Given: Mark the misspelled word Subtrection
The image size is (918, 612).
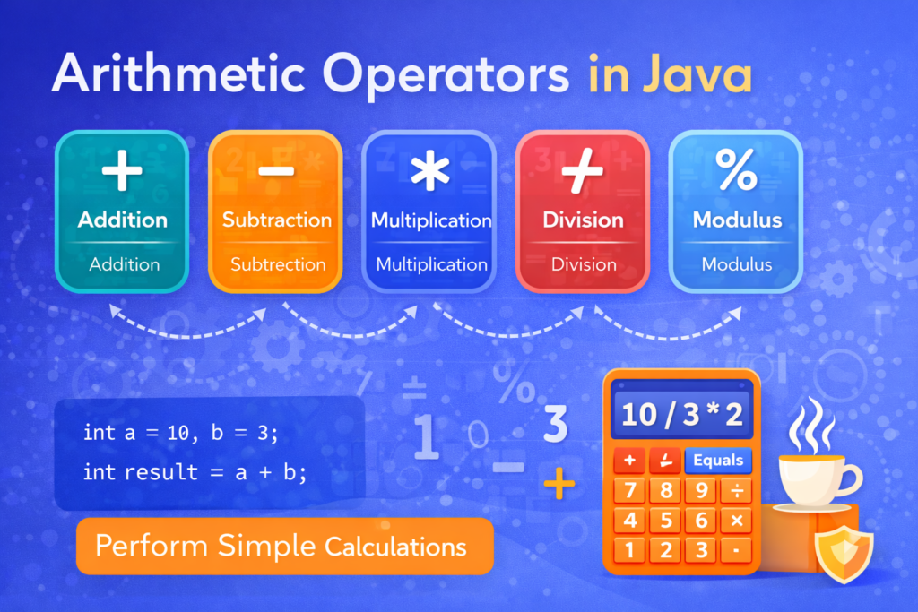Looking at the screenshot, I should point(278,264).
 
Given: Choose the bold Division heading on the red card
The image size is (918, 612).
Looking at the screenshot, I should point(584,220).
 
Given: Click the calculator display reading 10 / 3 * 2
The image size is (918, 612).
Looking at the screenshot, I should point(681,415).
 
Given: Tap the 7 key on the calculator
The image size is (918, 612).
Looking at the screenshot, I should point(631,491).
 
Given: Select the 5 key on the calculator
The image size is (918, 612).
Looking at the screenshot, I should point(666,521).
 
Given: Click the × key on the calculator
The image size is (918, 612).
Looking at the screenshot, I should point(737,521).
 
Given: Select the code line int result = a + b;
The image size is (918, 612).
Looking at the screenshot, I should point(195,471).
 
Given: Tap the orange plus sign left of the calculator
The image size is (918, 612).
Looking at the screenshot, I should point(559,486).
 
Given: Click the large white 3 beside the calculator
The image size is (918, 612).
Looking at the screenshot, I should point(556,425).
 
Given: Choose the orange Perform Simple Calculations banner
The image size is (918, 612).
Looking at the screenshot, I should point(284,546).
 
